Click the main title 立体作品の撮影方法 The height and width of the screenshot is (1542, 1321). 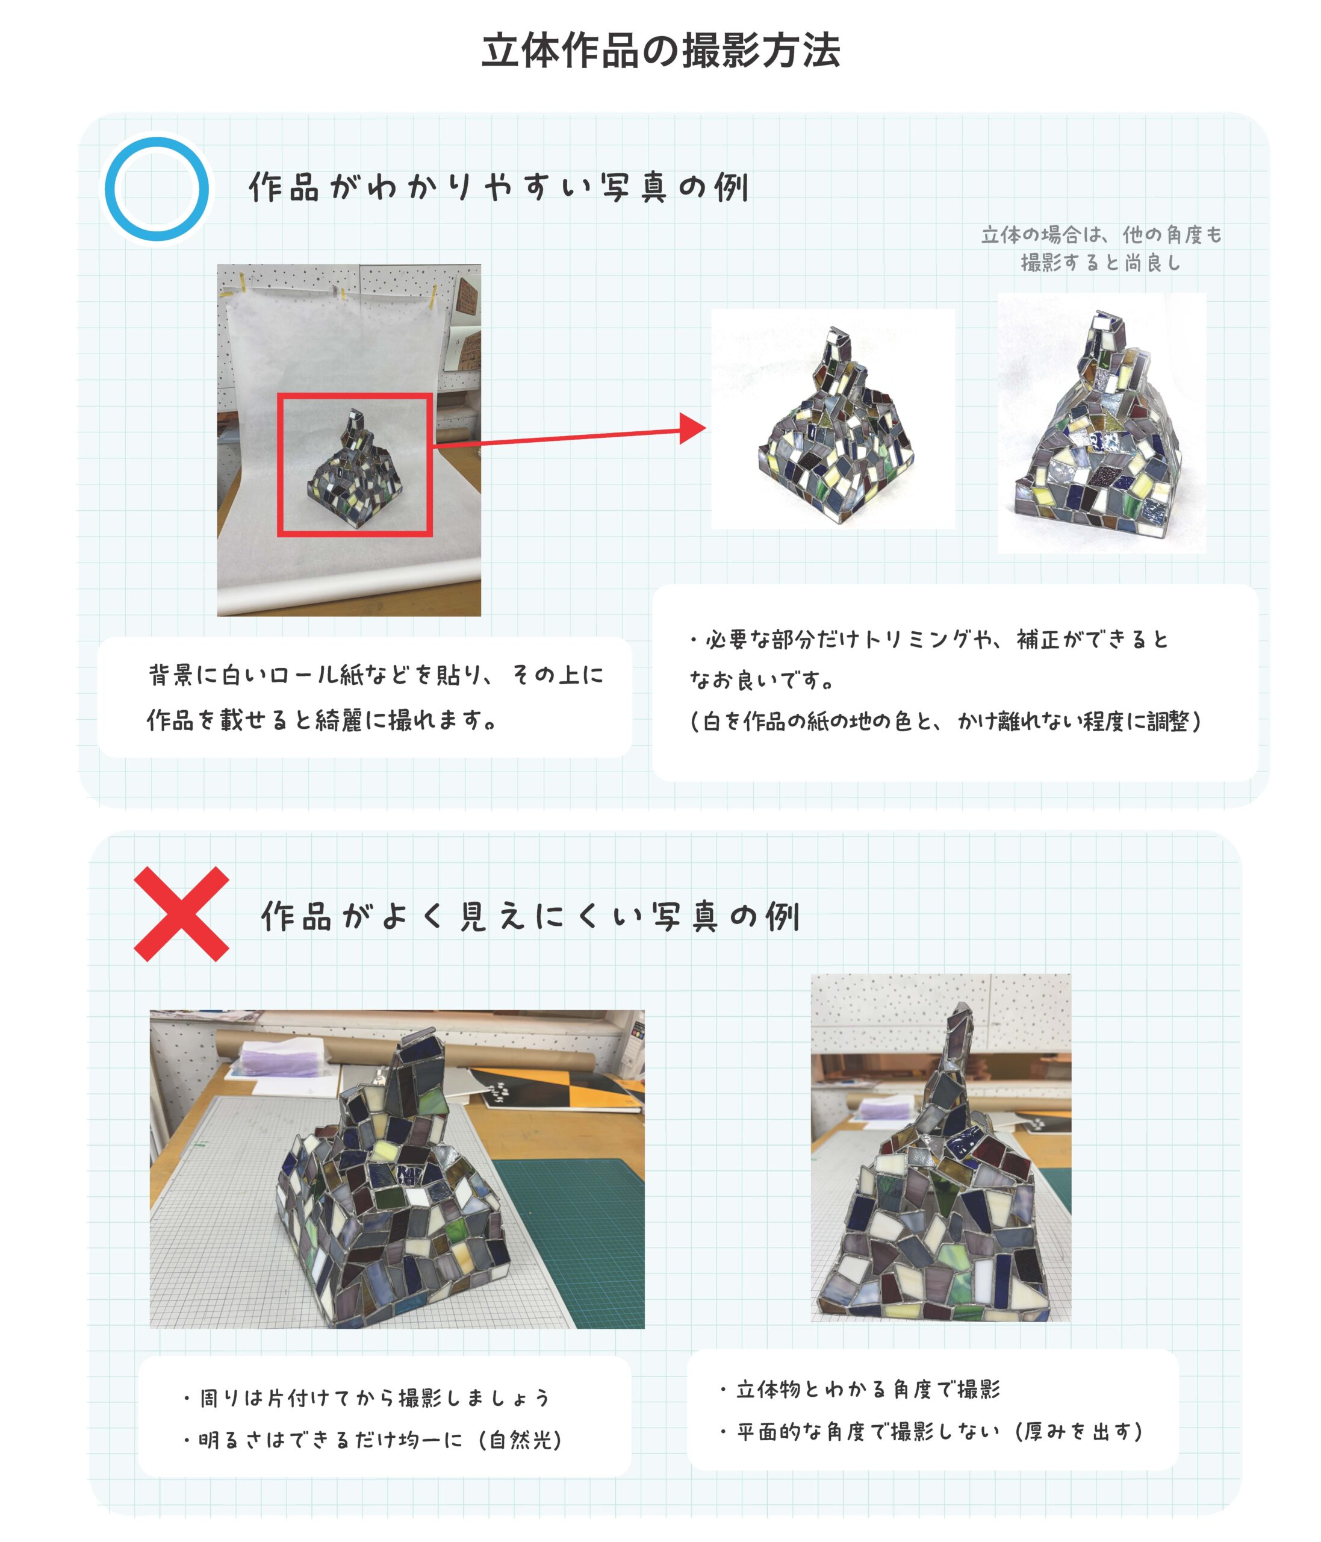(660, 51)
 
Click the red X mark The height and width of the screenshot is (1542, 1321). (181, 914)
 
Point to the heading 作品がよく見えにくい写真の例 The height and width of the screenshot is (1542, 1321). (530, 916)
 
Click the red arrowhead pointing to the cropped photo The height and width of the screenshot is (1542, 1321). (692, 429)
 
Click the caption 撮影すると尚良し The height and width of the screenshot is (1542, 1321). (1101, 263)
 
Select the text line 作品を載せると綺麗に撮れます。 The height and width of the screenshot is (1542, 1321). (322, 720)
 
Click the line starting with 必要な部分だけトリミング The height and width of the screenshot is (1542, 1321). (929, 639)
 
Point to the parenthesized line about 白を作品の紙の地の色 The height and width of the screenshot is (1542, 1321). (945, 721)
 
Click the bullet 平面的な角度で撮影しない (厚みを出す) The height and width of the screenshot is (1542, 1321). (931, 1431)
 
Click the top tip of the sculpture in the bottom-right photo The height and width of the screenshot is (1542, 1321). (963, 1004)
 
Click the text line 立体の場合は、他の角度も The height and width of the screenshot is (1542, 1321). (1101, 235)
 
